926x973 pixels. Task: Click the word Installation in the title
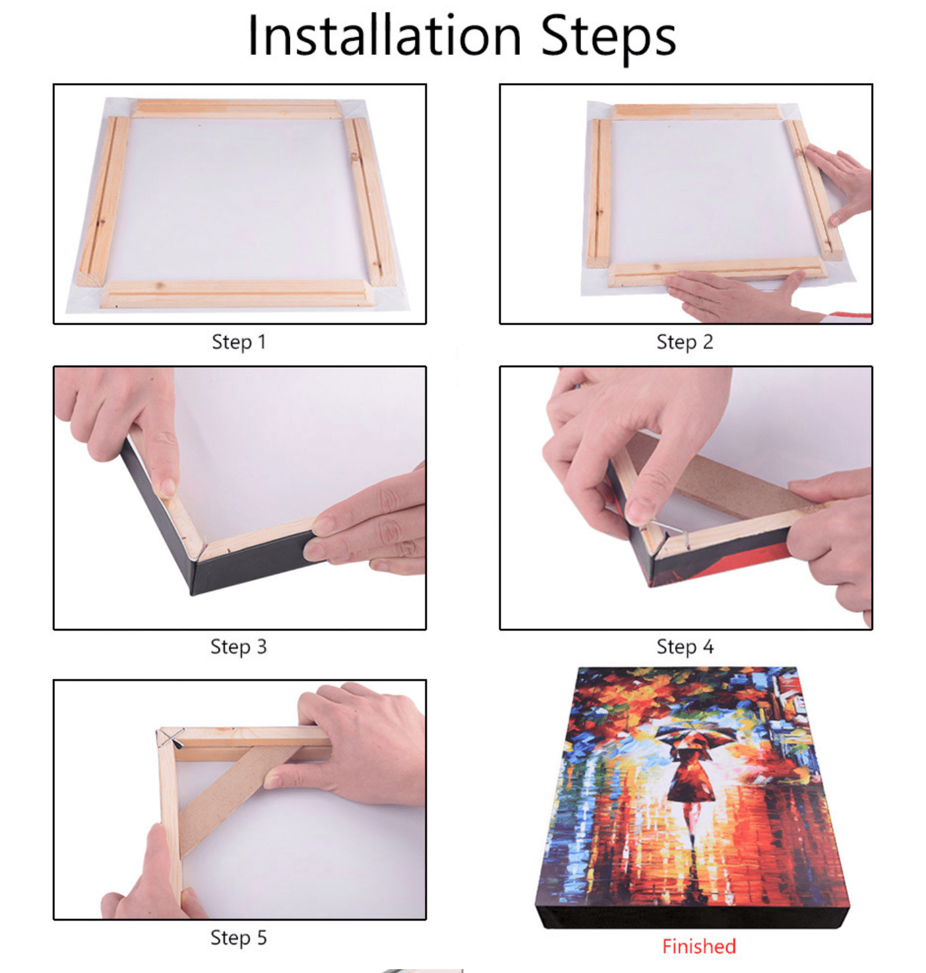385,36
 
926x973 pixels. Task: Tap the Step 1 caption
239,342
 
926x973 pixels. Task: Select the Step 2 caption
684,342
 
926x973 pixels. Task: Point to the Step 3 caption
238,646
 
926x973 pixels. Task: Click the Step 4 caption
684,646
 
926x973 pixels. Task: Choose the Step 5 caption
238,938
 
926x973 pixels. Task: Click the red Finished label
699,946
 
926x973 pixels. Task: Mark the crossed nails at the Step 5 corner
170,738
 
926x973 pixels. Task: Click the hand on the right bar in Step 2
842,183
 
